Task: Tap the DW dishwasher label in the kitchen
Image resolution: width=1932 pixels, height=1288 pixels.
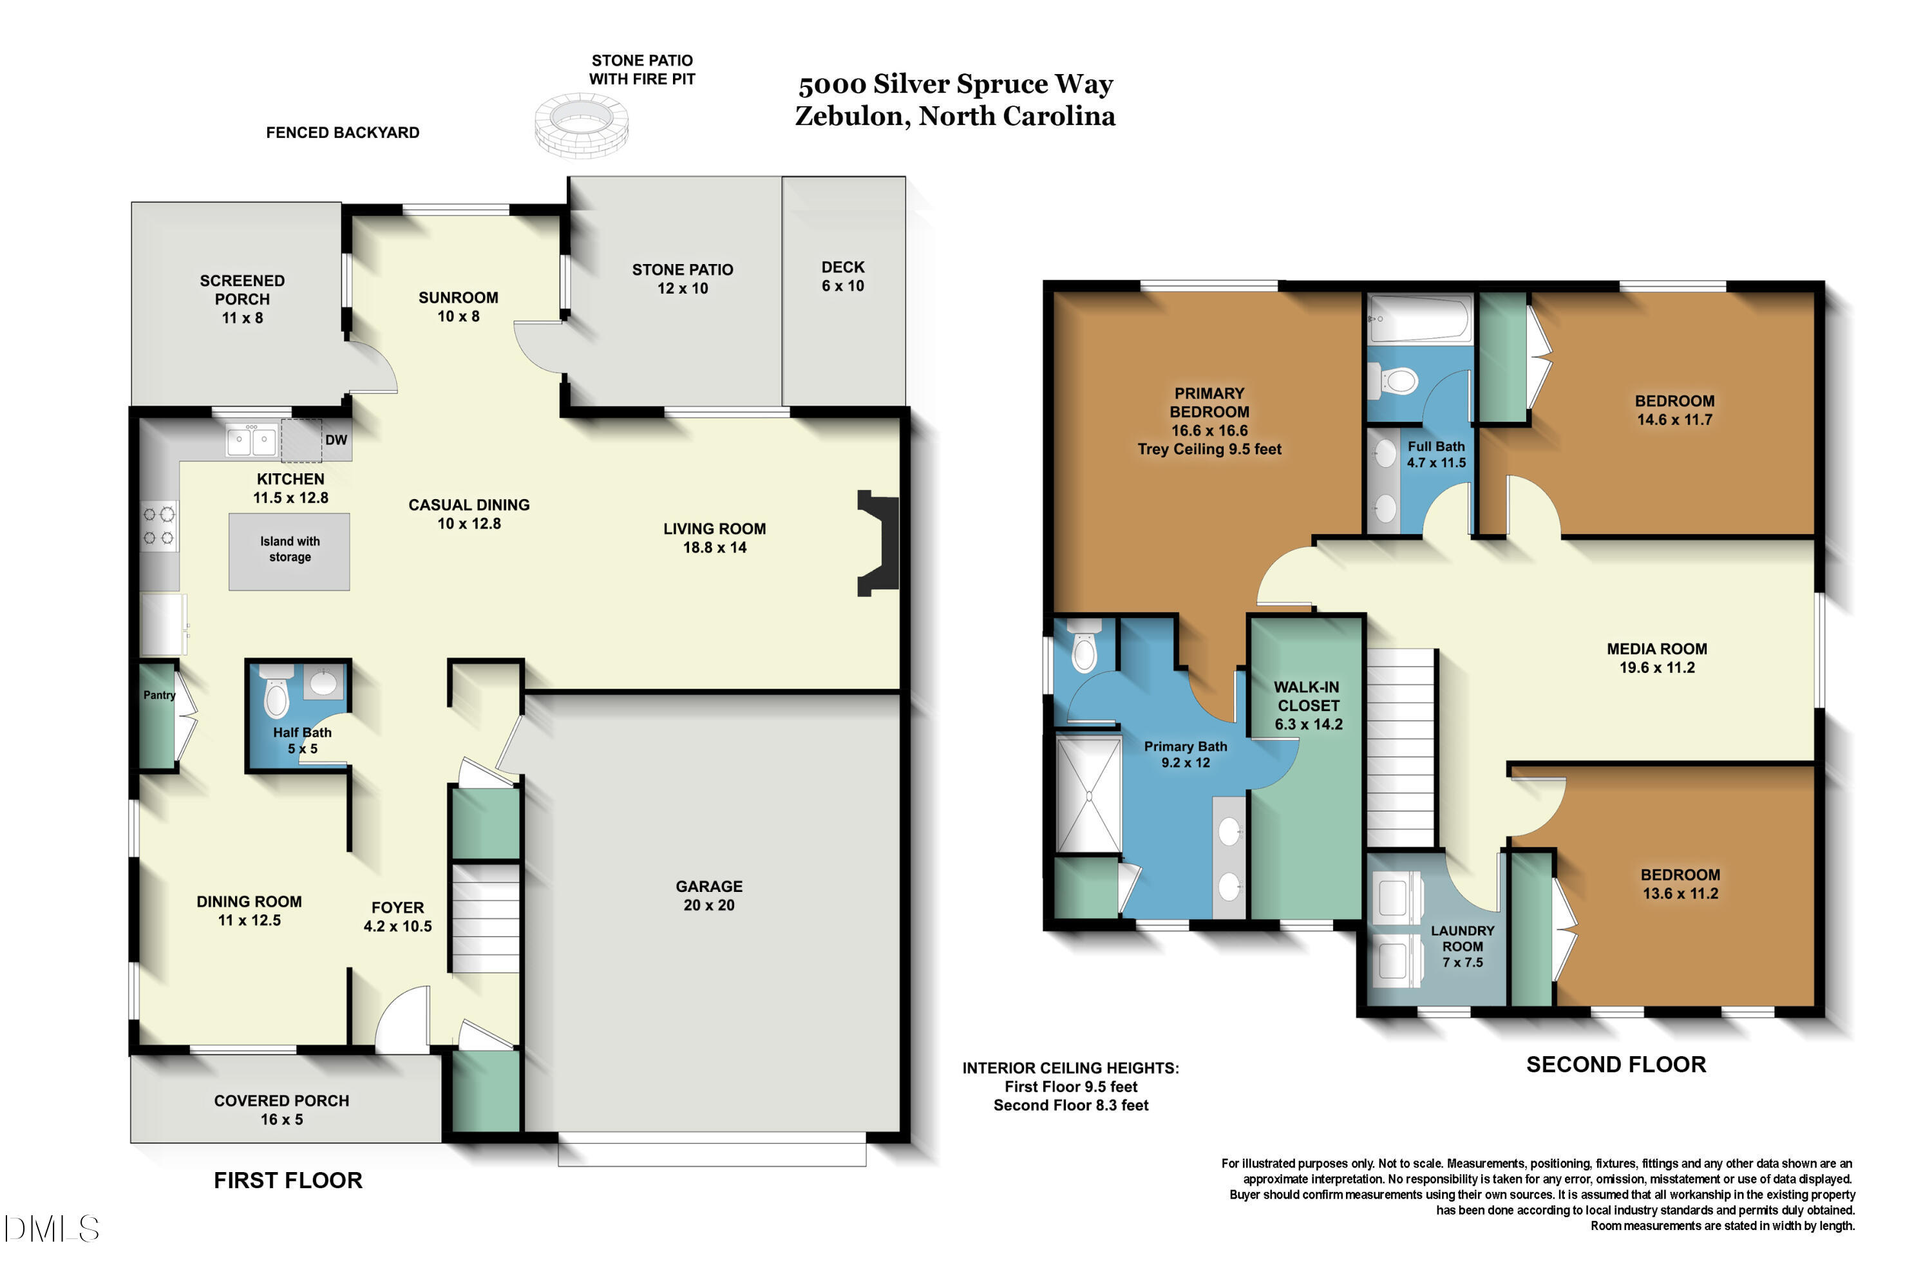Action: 336,440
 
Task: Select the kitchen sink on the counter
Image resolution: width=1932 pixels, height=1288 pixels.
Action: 251,441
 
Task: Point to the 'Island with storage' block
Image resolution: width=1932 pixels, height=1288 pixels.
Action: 289,552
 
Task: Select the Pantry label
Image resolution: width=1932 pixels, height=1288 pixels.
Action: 159,695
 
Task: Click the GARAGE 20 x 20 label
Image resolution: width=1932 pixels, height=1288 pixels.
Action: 709,895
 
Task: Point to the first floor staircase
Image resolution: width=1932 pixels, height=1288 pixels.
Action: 486,918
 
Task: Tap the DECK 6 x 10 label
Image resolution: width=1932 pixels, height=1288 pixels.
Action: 843,276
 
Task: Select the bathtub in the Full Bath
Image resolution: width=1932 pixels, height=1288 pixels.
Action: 1419,319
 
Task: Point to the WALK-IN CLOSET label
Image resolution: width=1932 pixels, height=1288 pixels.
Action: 1308,706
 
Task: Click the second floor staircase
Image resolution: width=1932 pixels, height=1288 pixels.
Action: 1401,748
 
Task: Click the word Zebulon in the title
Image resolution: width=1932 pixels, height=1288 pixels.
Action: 849,116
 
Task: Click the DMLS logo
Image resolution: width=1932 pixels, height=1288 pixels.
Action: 51,1229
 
